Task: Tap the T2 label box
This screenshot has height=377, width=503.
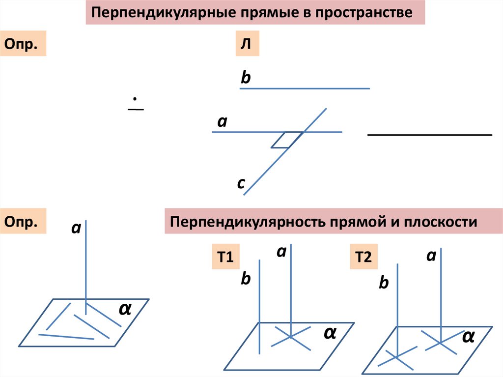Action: pyautogui.click(x=363, y=258)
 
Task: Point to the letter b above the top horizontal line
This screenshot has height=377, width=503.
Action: pyautogui.click(x=246, y=78)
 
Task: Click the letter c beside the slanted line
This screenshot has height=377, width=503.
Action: pyautogui.click(x=241, y=183)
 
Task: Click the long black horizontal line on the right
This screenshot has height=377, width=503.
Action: pyautogui.click(x=430, y=134)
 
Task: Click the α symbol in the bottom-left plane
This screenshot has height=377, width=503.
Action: pyautogui.click(x=125, y=309)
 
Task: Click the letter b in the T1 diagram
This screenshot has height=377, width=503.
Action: pyautogui.click(x=246, y=279)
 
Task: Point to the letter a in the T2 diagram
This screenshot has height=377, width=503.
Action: pyautogui.click(x=431, y=256)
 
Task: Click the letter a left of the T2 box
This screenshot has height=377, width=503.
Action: pyautogui.click(x=281, y=252)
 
